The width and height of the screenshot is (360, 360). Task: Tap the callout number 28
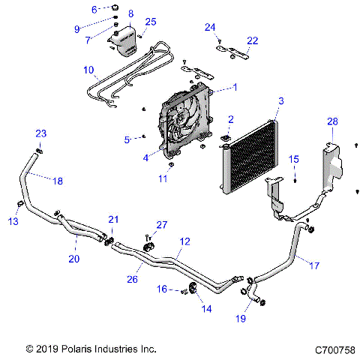pyautogui.click(x=332, y=121)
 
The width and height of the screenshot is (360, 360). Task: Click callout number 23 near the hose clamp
pyautogui.click(x=40, y=133)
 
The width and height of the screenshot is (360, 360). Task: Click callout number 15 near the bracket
pyautogui.click(x=295, y=159)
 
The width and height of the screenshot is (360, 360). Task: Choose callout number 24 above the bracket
pyautogui.click(x=211, y=28)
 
